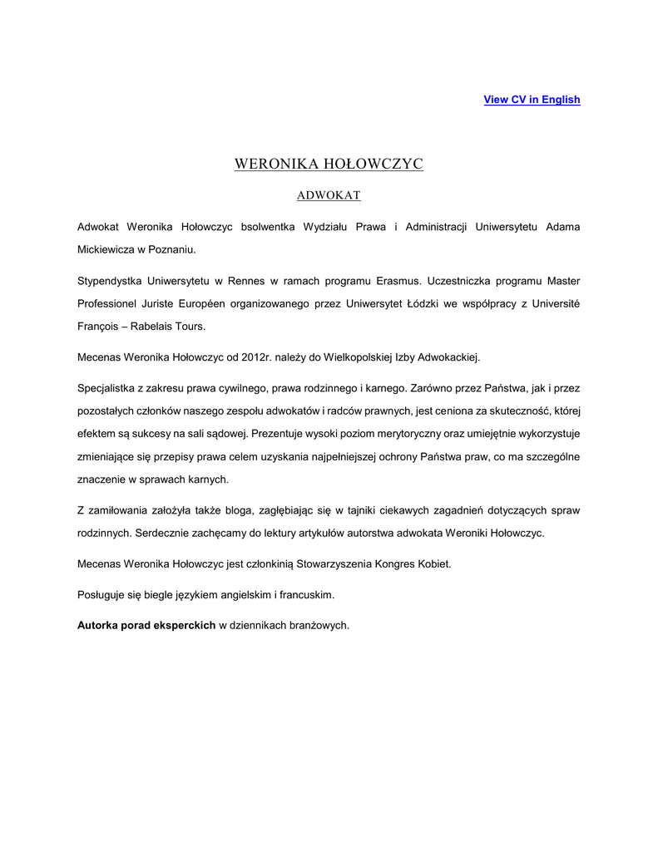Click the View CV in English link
tap(532, 100)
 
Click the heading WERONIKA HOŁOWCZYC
tap(329, 164)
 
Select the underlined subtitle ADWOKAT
tap(329, 195)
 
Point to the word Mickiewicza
tap(106, 248)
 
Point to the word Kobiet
tap(432, 563)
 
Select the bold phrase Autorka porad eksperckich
tap(146, 625)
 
